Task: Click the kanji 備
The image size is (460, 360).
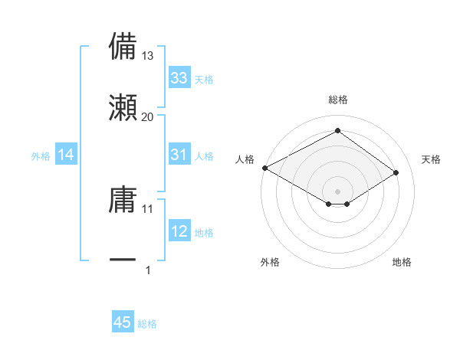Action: click(x=123, y=46)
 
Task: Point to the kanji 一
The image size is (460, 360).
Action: click(x=123, y=260)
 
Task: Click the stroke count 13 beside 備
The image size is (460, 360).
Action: click(x=148, y=56)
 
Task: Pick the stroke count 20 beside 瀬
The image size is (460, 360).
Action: click(x=148, y=117)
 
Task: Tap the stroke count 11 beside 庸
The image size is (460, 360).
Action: click(x=148, y=208)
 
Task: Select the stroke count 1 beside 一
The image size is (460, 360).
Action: click(x=148, y=270)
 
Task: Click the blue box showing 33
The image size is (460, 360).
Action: click(x=179, y=78)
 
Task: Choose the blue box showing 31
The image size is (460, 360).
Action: click(x=179, y=155)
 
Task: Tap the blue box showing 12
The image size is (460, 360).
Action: click(x=179, y=231)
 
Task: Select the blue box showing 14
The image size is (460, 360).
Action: click(x=66, y=155)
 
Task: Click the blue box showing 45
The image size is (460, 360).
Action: click(x=123, y=322)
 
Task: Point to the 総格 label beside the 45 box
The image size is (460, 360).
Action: click(x=147, y=324)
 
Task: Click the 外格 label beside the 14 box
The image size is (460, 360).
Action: click(x=41, y=156)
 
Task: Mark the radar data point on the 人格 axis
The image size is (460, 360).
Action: click(x=264, y=168)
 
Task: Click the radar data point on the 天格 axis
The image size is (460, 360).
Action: click(x=396, y=173)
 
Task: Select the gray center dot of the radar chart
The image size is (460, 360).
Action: click(x=337, y=191)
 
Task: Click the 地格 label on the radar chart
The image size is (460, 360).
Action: click(x=402, y=263)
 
